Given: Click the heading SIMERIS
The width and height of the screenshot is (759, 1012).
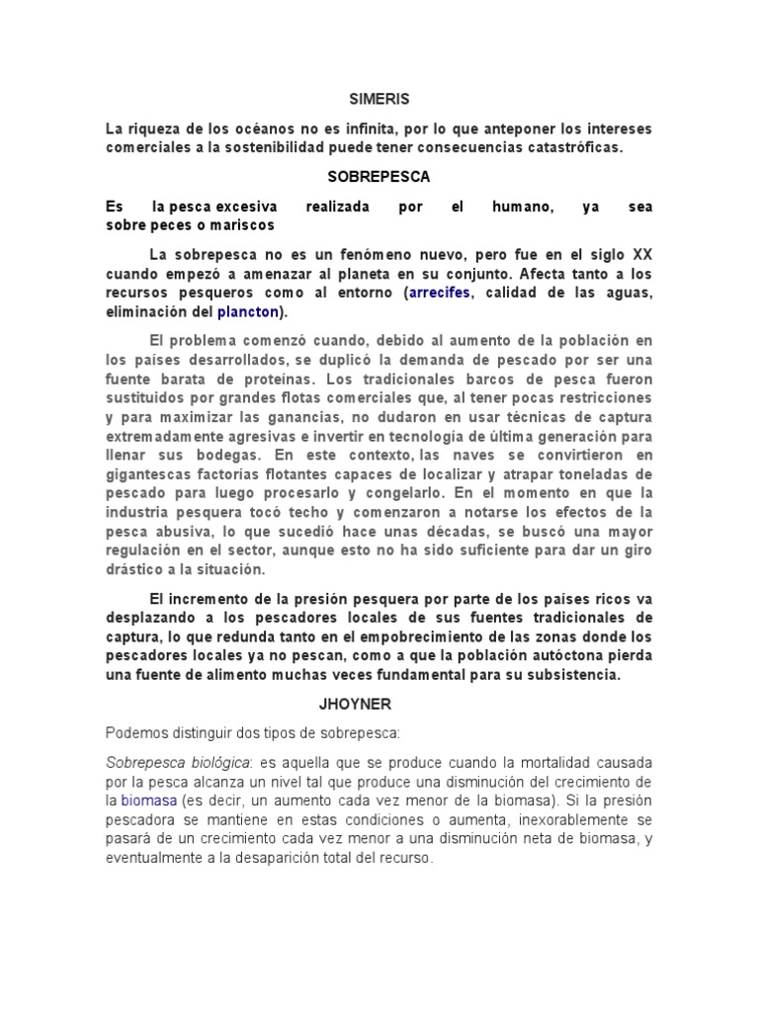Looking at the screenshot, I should click(x=379, y=100).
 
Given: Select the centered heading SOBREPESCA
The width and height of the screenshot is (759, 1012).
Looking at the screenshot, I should click(x=379, y=177).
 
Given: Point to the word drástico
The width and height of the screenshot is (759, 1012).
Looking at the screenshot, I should click(x=136, y=570).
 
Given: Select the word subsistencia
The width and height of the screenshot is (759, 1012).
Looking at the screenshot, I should click(x=563, y=675).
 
